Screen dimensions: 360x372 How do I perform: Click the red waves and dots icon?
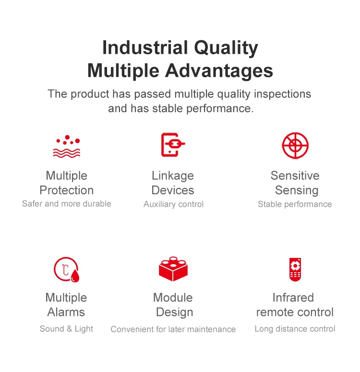point(67,146)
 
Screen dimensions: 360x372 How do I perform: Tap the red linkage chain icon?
point(173,145)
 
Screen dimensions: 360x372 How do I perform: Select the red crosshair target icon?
point(295,145)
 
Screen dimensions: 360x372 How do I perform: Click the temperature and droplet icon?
point(66,269)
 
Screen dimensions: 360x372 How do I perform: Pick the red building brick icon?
point(173,269)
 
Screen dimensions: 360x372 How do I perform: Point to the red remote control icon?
point(295,269)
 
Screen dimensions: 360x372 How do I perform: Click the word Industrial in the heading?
point(145,47)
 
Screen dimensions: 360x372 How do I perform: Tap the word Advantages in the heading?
point(219,70)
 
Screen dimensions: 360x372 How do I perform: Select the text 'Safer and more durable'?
point(67,204)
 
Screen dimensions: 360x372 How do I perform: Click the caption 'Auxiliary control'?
point(173,204)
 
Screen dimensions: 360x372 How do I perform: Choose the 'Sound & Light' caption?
point(66,329)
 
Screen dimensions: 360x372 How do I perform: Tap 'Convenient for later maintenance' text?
point(173,329)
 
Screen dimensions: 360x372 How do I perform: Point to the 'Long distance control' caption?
point(295,329)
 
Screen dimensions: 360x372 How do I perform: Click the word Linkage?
point(173,176)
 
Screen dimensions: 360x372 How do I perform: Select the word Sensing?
point(297,191)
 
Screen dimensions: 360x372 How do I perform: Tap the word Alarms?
point(66,312)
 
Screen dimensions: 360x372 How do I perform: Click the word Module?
point(173,298)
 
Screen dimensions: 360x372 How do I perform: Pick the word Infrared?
point(293,298)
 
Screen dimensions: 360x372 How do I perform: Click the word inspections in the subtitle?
point(283,94)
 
